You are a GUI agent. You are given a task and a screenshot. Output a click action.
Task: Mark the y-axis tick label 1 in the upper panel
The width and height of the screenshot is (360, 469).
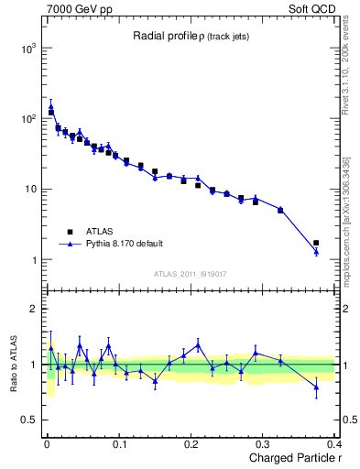[32, 260]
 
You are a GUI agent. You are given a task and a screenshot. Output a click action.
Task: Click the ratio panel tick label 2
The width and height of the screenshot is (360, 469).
[32, 310]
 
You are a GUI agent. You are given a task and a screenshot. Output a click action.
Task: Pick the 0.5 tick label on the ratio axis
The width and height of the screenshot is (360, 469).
[27, 420]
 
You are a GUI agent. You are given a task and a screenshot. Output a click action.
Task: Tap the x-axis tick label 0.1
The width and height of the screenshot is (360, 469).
[118, 444]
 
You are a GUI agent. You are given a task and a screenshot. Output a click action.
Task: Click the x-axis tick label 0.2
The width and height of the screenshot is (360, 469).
[191, 444]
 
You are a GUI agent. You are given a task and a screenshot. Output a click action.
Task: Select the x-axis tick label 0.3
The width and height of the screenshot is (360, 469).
[265, 444]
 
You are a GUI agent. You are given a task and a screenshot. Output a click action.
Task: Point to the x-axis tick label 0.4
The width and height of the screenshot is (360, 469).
[335, 444]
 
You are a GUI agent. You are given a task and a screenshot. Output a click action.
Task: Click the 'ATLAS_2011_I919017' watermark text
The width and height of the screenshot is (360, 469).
[191, 273]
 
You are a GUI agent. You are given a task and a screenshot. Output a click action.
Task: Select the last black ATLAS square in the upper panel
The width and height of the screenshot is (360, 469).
[316, 243]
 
